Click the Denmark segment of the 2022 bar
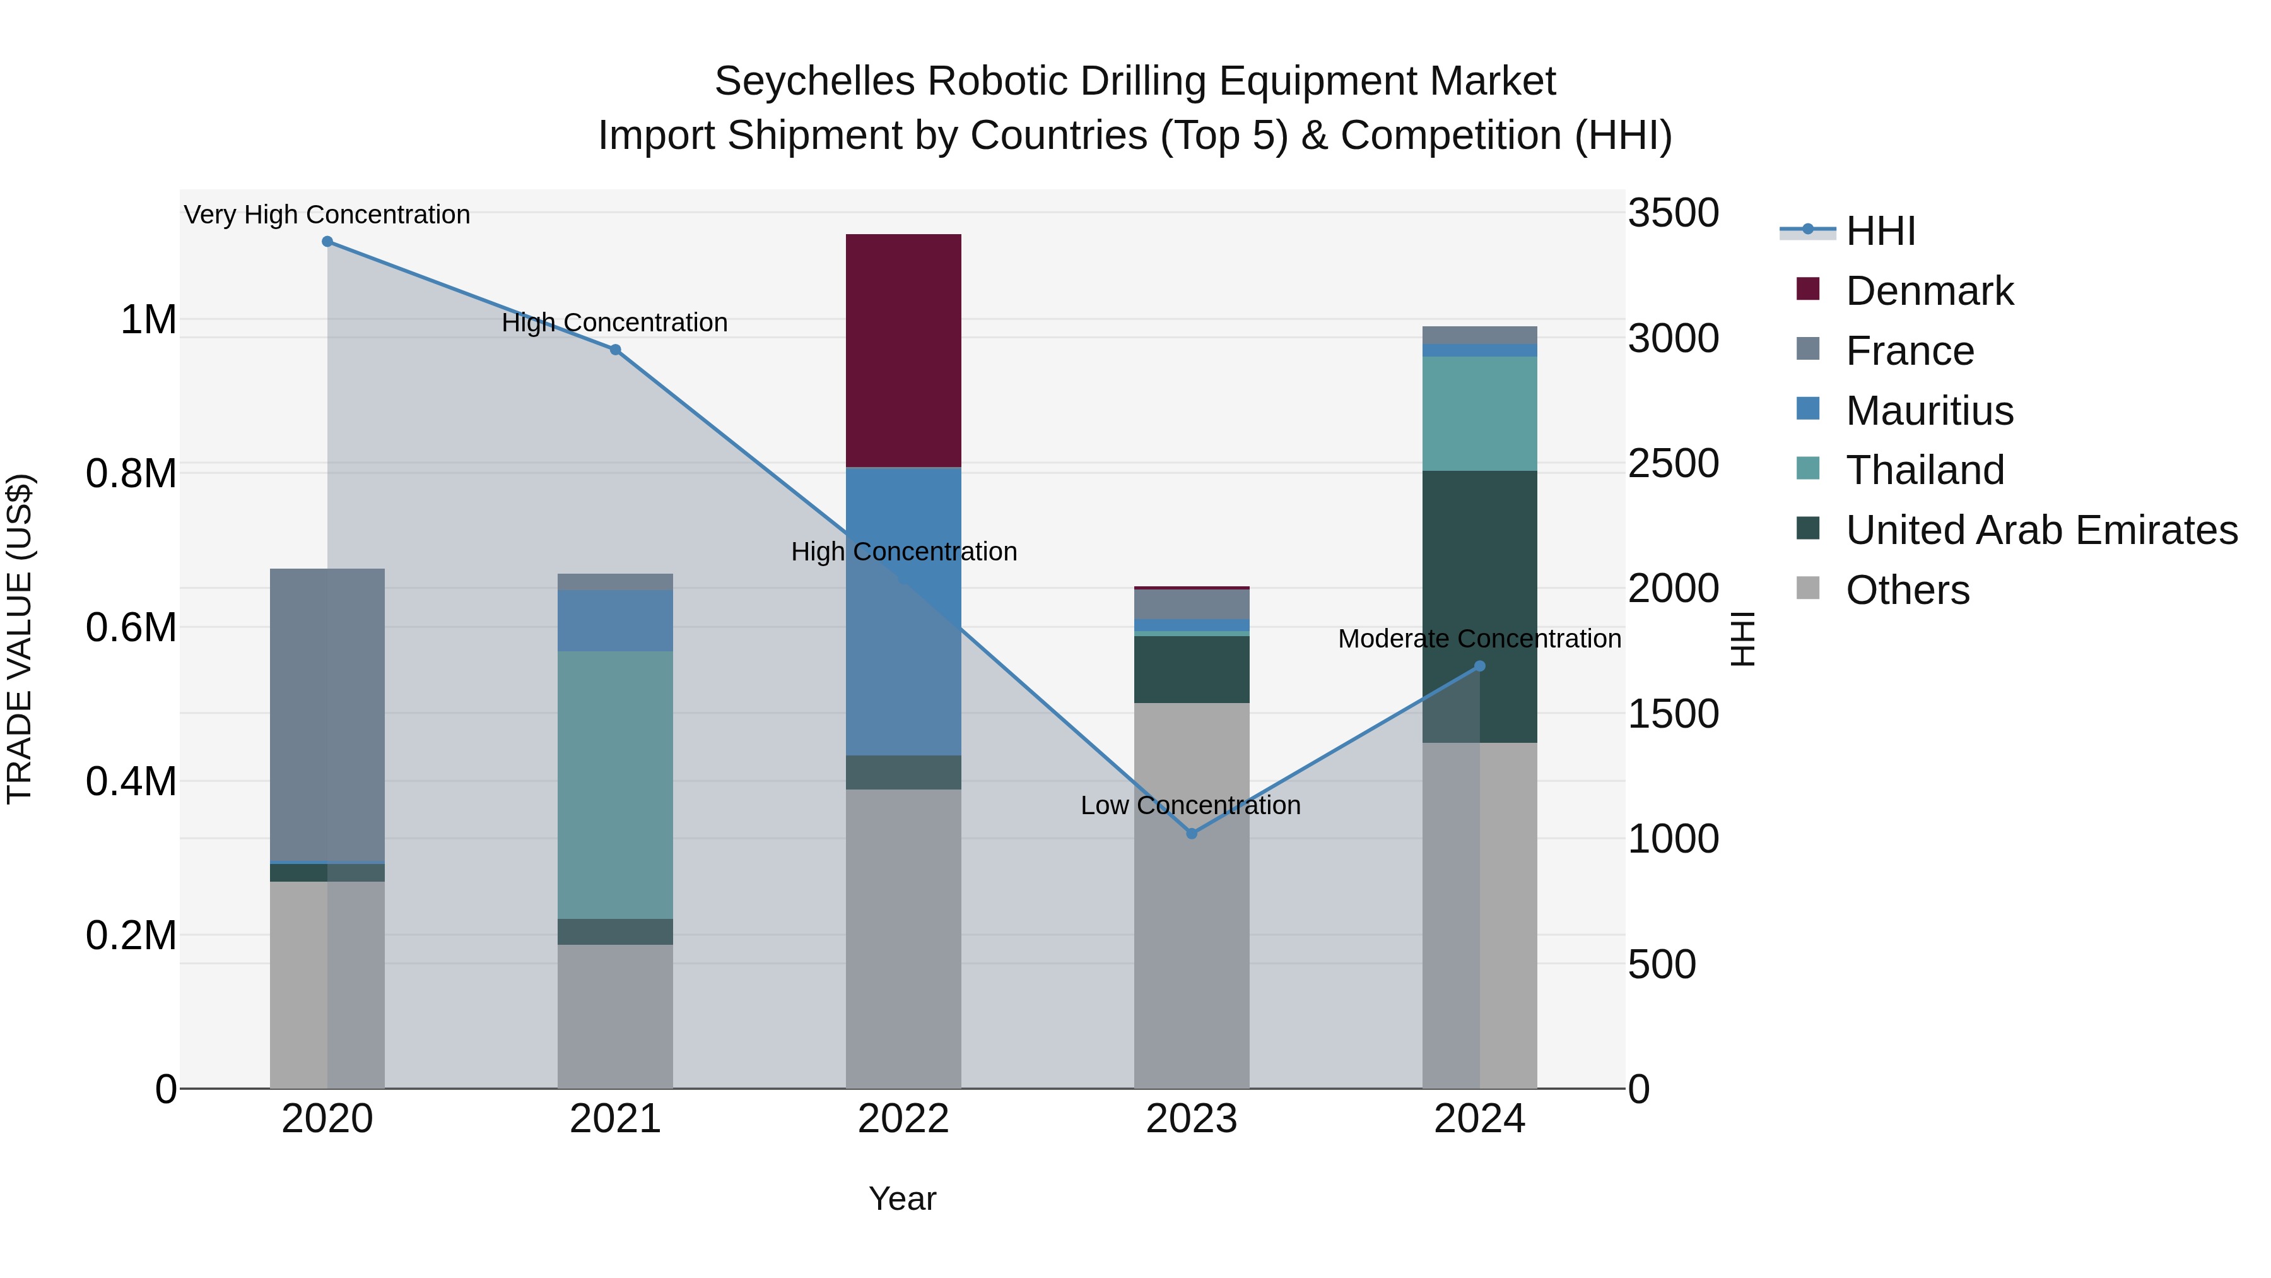click(x=903, y=350)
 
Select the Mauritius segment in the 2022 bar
click(x=903, y=610)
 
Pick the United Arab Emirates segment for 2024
click(x=1479, y=606)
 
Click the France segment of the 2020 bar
click(x=326, y=714)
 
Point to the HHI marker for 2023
click(x=1191, y=834)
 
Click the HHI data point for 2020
click(x=327, y=242)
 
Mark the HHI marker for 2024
click(x=1479, y=666)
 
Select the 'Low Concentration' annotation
click(x=1190, y=805)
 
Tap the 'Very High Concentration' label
click(x=327, y=215)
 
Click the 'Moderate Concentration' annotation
click(x=1479, y=639)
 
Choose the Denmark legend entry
click(x=1929, y=291)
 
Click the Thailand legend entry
click(x=1925, y=470)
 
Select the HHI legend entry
click(x=1880, y=231)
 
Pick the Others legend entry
click(x=1907, y=590)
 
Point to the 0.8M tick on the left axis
click(x=131, y=473)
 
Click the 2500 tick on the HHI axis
click(x=1672, y=464)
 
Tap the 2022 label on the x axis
click(x=903, y=1119)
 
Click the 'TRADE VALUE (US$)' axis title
click(x=20, y=639)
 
